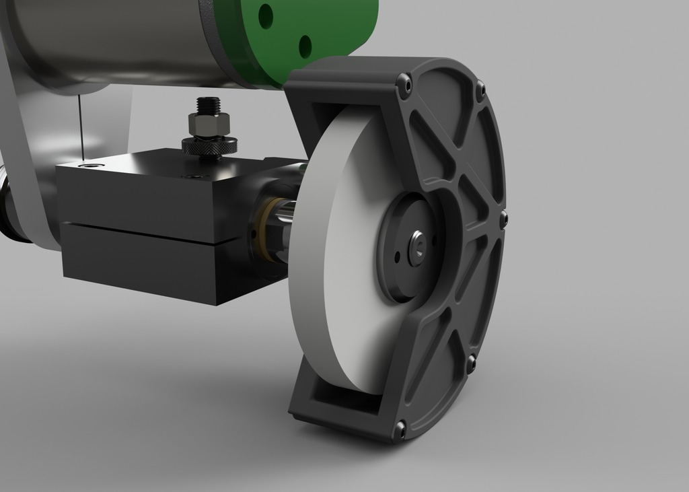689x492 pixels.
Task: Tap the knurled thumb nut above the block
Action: click(x=209, y=145)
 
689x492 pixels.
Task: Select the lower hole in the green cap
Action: click(x=305, y=46)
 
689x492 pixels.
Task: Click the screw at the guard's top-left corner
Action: click(x=404, y=84)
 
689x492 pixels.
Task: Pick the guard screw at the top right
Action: click(x=480, y=89)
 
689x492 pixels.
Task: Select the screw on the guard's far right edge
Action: click(x=503, y=217)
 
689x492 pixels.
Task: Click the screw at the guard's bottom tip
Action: click(x=401, y=427)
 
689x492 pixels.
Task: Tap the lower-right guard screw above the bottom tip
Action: click(x=471, y=363)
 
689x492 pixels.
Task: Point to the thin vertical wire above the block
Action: click(x=79, y=125)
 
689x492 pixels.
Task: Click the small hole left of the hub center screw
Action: click(x=397, y=256)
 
